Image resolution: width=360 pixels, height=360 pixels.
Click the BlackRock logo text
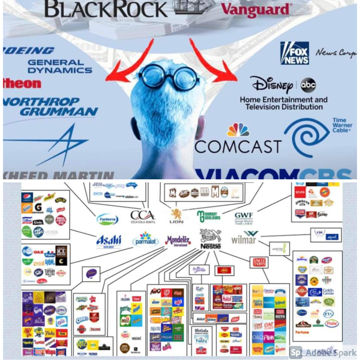[105, 9]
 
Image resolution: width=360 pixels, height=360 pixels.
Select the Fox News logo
[294, 53]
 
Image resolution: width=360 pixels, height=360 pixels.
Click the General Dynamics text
[60, 66]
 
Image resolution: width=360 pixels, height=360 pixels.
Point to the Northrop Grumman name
[51, 107]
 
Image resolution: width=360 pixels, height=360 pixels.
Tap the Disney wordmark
[271, 85]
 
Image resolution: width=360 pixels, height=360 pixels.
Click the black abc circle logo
[308, 85]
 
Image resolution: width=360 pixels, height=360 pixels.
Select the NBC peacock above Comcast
[238, 130]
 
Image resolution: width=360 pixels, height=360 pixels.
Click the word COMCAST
[238, 146]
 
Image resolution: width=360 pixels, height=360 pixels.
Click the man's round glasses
[168, 77]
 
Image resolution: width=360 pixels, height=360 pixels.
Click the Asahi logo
[109, 241]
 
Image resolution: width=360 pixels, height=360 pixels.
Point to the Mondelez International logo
[178, 241]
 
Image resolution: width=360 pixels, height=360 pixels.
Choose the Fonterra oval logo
[107, 219]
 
